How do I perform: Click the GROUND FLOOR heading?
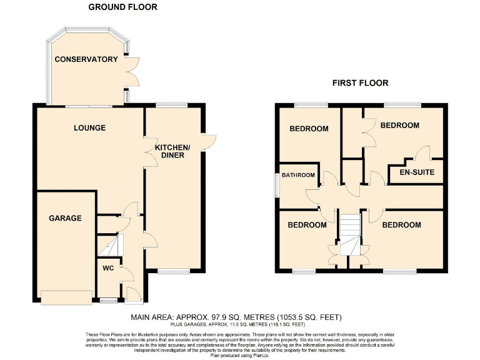pos(122,7)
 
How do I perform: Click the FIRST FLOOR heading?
pos(360,82)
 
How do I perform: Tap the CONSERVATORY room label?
pos(86,59)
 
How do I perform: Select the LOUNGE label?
pos(89,128)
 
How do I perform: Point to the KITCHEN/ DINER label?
pos(173,151)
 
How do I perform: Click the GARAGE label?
pos(65,218)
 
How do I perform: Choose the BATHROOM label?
pos(297,175)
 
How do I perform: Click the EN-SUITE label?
pos(412,172)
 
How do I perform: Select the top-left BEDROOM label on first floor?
pos(309,129)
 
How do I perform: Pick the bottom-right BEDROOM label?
pos(401,224)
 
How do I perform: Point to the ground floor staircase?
pos(111,243)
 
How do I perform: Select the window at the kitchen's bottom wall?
pos(172,271)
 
